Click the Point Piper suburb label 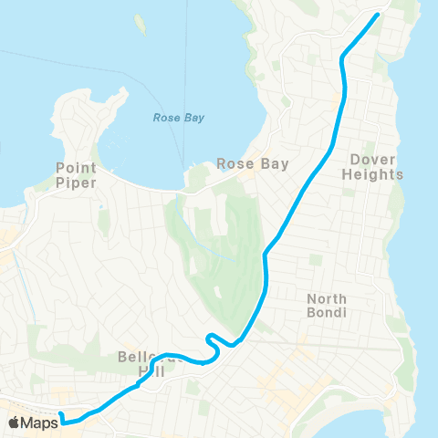point(76,175)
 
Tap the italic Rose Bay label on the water point(178,118)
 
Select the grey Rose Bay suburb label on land point(253,165)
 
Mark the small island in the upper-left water point(140,23)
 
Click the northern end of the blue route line point(378,15)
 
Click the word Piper point(76,182)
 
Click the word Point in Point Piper point(76,168)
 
